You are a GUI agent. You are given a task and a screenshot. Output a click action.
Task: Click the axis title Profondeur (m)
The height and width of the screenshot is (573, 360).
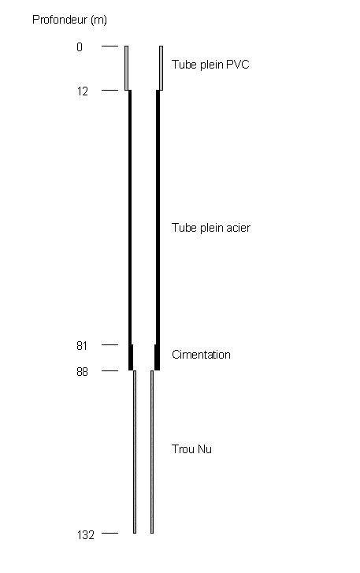[x=69, y=20]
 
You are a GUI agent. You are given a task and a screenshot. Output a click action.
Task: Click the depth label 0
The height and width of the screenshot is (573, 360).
[x=80, y=47]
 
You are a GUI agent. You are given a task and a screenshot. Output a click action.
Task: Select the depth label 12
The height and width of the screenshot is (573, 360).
[x=83, y=91]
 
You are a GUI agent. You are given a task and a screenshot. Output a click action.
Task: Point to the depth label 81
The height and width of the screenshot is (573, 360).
[x=82, y=346]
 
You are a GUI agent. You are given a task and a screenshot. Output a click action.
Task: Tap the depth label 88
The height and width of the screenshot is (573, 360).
[x=83, y=372]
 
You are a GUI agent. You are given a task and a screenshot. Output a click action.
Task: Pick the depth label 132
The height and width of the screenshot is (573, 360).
[x=86, y=535]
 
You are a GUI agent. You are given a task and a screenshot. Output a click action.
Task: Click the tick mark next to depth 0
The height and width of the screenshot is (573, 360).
[x=110, y=46]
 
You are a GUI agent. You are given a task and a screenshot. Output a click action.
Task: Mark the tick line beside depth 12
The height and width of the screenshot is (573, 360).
[x=110, y=90]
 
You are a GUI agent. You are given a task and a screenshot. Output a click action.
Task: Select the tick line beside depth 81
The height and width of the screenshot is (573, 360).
[x=110, y=344]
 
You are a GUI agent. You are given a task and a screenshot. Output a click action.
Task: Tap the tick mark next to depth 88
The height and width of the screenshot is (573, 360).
[x=110, y=370]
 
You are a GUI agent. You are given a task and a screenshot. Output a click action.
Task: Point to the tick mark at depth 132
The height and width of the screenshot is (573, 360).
[x=110, y=533]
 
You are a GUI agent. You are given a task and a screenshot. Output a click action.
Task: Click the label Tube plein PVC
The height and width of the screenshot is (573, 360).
[x=210, y=65]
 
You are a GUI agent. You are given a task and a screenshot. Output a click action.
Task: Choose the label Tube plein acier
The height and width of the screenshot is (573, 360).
[x=211, y=228]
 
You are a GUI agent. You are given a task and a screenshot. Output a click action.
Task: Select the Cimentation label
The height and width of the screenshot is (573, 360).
[x=201, y=355]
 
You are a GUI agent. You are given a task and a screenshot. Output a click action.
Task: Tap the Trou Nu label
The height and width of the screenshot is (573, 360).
[x=191, y=448]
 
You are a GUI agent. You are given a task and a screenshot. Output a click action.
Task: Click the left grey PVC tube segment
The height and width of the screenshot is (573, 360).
[x=126, y=68]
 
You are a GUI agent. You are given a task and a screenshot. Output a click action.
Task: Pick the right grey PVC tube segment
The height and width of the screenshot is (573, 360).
[x=161, y=68]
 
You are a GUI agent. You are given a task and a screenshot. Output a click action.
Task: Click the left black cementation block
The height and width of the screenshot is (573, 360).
[x=131, y=357]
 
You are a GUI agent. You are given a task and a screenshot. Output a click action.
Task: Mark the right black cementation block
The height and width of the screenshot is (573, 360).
[x=157, y=357]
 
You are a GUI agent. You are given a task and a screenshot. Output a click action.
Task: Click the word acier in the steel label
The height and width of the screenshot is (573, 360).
[x=239, y=228]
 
